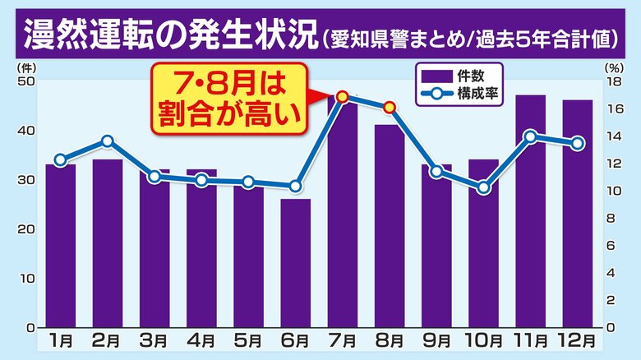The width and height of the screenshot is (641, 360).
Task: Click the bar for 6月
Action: click(295, 263)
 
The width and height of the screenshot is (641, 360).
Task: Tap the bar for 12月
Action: click(577, 214)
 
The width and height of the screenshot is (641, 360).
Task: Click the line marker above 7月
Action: click(343, 97)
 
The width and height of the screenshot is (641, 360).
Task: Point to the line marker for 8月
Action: click(390, 107)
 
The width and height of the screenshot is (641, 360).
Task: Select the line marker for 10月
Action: click(483, 188)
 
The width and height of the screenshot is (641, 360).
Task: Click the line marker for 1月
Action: click(60, 160)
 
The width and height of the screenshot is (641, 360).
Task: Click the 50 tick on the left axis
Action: click(26, 81)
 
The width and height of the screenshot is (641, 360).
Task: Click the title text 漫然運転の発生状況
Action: click(168, 36)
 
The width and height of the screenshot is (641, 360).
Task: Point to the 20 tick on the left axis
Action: click(26, 229)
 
